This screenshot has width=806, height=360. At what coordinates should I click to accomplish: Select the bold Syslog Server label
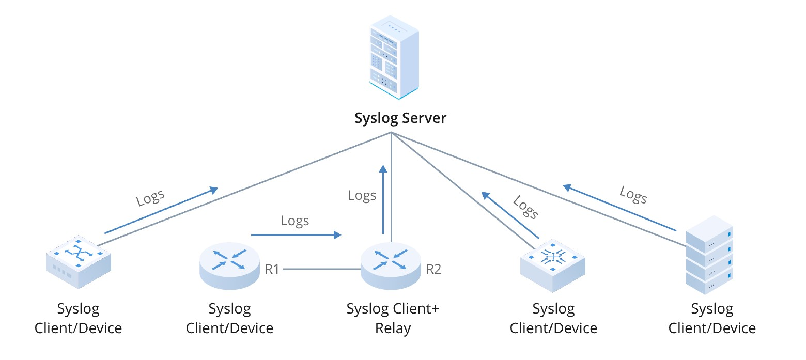400,118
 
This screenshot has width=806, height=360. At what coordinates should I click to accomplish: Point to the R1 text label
272,269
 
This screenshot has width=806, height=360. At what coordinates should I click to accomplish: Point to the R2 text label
433,269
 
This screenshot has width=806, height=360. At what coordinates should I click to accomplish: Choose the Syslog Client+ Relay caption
393,318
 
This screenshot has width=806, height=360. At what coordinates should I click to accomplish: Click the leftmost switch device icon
78,262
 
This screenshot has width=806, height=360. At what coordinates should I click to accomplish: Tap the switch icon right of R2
552,263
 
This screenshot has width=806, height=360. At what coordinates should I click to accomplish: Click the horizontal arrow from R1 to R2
296,235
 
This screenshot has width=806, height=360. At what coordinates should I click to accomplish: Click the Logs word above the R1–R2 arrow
295,221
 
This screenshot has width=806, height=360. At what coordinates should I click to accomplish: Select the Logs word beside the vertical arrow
362,195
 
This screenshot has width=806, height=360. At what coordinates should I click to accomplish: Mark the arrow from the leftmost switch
161,211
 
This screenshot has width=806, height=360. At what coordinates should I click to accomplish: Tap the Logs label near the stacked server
633,195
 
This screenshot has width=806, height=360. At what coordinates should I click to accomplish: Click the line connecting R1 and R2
321,269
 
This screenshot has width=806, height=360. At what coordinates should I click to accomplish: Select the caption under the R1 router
229,318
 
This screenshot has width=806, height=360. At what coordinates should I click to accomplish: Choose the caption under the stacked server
712,318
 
